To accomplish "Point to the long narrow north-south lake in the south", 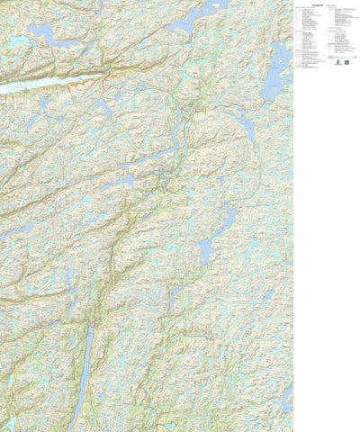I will (x=85, y=369).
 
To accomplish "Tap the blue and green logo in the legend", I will (x=335, y=63).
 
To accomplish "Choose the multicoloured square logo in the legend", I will (x=347, y=63).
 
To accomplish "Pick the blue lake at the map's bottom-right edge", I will (x=286, y=396).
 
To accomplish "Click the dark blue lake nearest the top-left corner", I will (x=40, y=31).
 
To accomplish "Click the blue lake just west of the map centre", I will (x=121, y=183).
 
